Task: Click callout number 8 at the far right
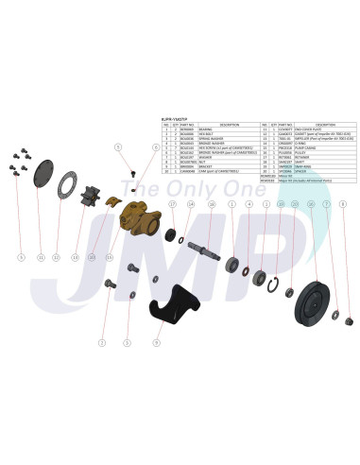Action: (343, 203)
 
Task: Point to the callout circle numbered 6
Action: (155, 148)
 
